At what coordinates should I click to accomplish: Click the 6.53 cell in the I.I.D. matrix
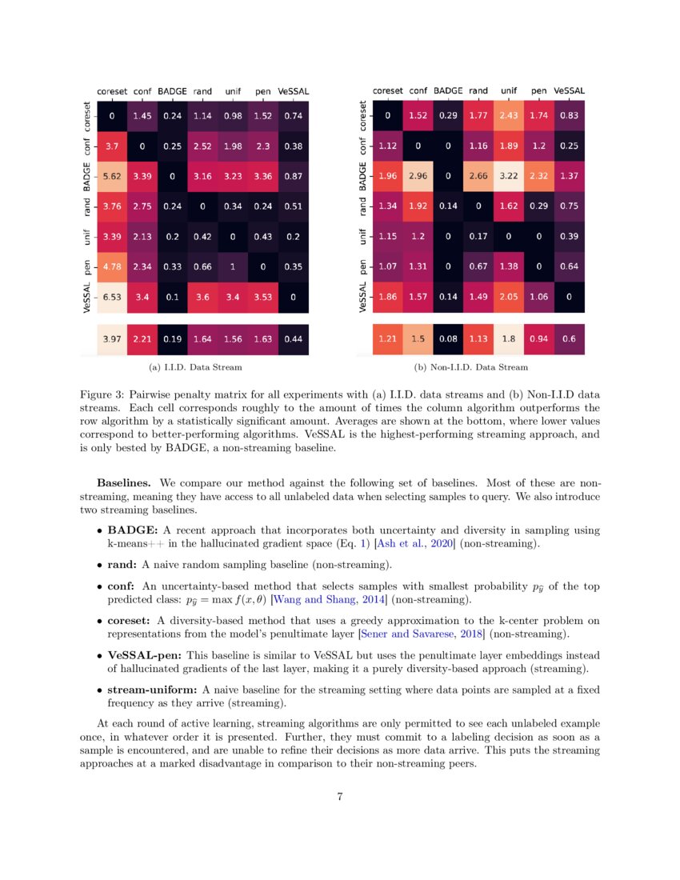(112, 297)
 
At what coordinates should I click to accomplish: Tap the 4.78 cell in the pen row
(112, 266)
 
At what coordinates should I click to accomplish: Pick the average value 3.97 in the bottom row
(112, 339)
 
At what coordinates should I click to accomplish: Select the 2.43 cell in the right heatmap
(510, 116)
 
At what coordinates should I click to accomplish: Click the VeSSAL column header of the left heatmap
(293, 91)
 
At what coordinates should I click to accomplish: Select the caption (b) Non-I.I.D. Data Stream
(471, 367)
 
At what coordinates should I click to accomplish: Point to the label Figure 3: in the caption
(102, 394)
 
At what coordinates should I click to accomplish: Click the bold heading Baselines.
(125, 483)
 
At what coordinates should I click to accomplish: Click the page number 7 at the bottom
(340, 797)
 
